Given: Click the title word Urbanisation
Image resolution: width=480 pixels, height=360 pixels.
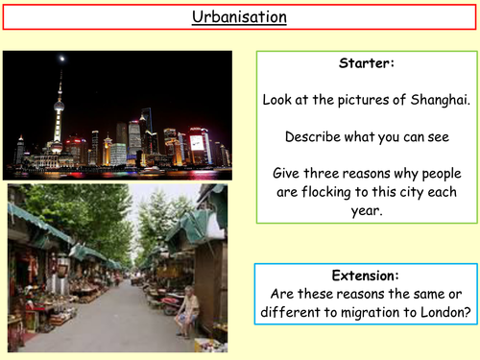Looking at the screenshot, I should point(239,17).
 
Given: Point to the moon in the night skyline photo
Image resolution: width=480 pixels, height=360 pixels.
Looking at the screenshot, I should point(63,59).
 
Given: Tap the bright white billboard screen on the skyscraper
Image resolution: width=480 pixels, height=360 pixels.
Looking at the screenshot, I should point(197,143).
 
